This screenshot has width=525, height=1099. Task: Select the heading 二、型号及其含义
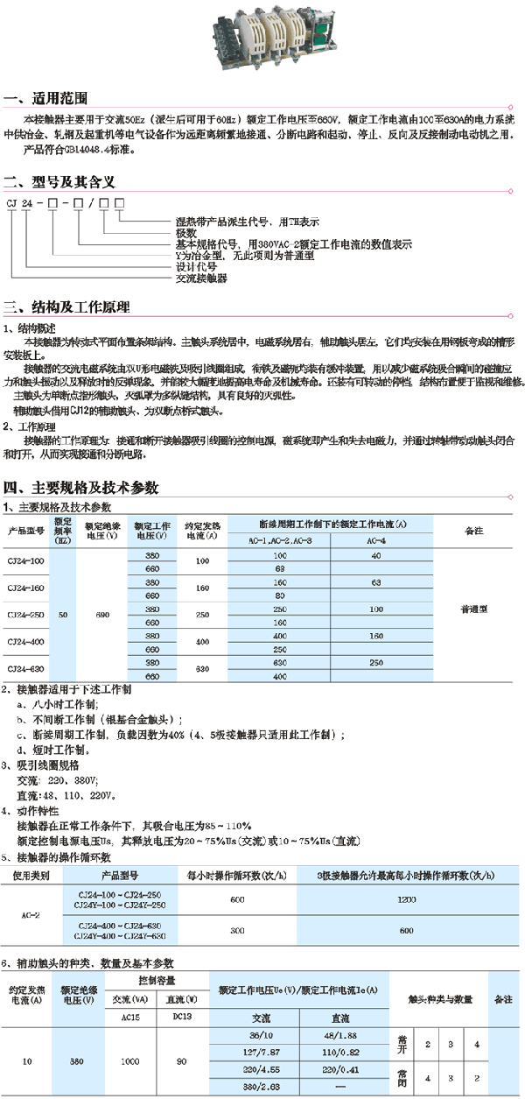(x=59, y=183)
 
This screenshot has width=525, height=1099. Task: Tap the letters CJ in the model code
(x=13, y=204)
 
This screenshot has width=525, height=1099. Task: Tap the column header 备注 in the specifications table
(x=473, y=531)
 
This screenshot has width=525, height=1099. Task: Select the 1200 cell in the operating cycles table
(x=405, y=899)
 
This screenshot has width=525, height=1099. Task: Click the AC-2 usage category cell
(x=31, y=915)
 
